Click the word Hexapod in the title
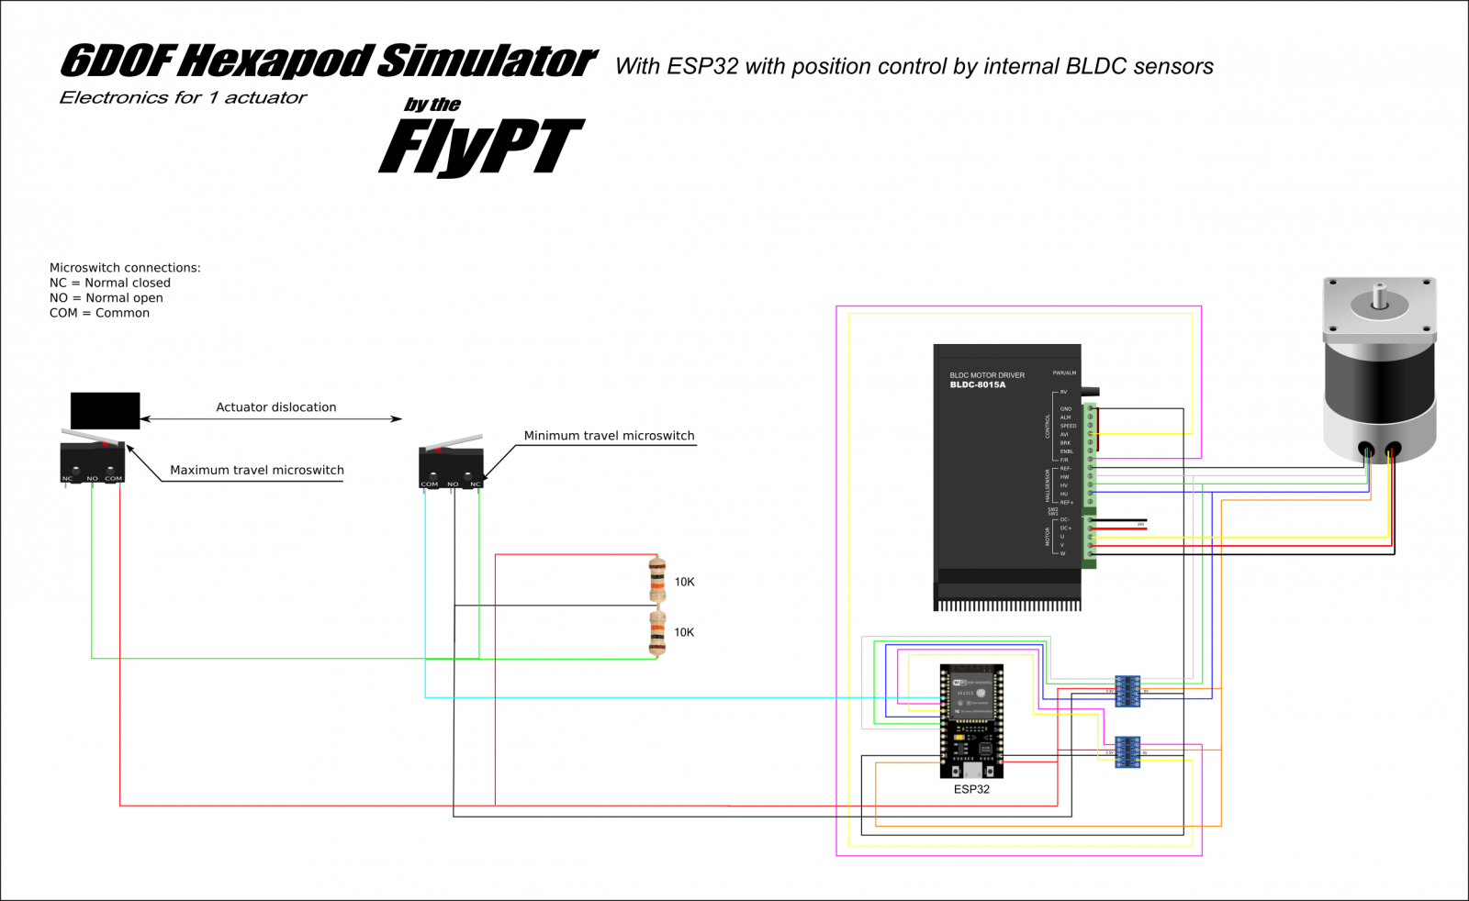[x=276, y=61]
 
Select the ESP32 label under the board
[x=971, y=789]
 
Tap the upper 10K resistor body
[x=656, y=580]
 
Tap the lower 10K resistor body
[x=656, y=632]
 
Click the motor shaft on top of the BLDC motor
[x=1379, y=296]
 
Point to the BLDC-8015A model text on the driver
[x=977, y=385]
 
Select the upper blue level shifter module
[x=1127, y=691]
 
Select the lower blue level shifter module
[x=1127, y=752]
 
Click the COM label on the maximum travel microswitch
[x=114, y=478]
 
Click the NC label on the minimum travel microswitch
[x=475, y=484]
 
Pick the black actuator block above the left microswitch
[x=105, y=410]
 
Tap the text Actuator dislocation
[x=275, y=407]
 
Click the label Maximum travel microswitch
[x=257, y=471]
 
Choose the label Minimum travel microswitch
[x=609, y=436]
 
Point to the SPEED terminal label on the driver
[x=1068, y=426]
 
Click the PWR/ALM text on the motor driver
[x=1064, y=373]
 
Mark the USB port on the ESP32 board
[x=970, y=771]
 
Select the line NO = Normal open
[x=107, y=298]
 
